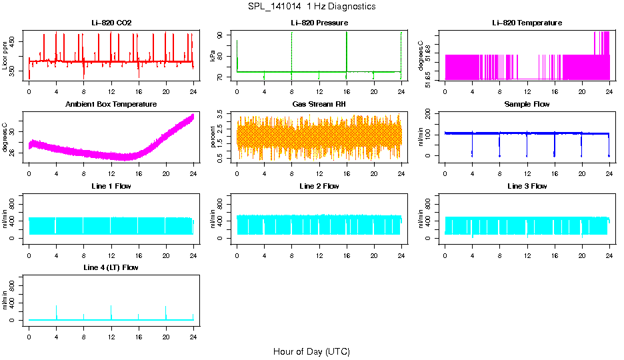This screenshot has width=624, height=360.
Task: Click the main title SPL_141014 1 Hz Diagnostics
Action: pos(311,7)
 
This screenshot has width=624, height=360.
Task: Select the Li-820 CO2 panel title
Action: pos(111,23)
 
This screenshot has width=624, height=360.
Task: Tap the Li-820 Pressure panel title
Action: pos(319,23)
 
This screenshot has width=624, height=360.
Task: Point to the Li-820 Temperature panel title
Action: pos(527,23)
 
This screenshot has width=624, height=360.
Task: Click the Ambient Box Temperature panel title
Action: pos(111,105)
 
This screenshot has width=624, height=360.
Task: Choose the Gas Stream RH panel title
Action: pos(319,105)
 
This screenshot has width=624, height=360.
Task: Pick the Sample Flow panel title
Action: pos(527,105)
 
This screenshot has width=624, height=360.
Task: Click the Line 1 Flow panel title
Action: pos(111,186)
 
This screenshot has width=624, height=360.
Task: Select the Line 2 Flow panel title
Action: pos(319,186)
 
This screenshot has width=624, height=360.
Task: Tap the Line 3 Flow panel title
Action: pos(527,186)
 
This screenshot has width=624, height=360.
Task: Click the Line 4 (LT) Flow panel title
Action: pos(111,267)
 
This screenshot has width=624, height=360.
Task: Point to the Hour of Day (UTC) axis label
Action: pos(311,351)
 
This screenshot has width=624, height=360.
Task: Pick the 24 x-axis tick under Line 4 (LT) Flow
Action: pos(193,331)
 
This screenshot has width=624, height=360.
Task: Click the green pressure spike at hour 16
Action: pos(347,47)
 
